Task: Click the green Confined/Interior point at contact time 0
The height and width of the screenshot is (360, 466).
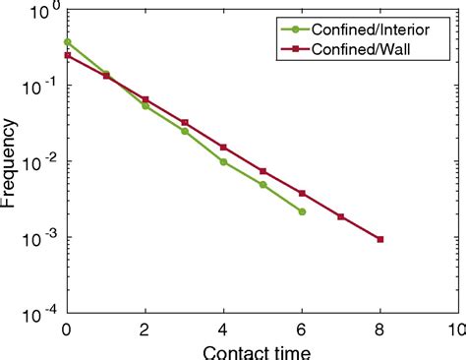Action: [x=67, y=42]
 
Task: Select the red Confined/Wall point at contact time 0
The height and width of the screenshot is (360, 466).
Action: [x=67, y=55]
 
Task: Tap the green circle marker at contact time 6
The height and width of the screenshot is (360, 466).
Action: [x=302, y=211]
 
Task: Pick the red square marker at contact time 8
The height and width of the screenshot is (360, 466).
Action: [x=380, y=239]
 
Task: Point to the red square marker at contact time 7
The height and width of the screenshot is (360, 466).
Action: [x=341, y=216]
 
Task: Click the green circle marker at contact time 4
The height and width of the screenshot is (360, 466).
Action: [x=223, y=161]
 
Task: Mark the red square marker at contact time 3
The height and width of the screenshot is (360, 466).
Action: [x=185, y=123]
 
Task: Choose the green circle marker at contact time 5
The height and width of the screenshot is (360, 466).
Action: [x=262, y=185]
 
